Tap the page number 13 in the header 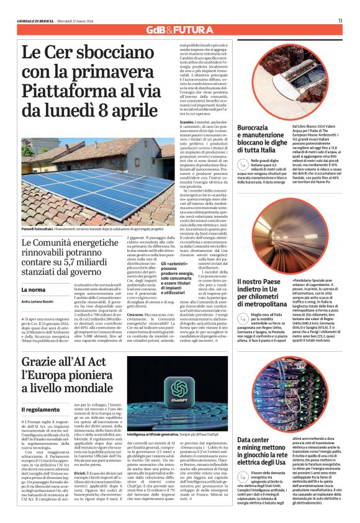tap(340, 20)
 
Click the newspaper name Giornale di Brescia tap(37, 20)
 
